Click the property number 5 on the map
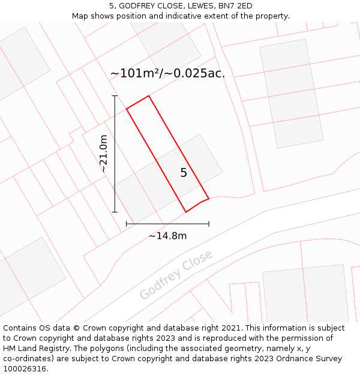pos(184,173)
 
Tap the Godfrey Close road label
pos(176,275)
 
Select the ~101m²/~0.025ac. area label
pos(167,74)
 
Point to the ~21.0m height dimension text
pos(104,154)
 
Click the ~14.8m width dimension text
pos(167,236)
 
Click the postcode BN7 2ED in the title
pos(236,6)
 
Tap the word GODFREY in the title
pos(139,6)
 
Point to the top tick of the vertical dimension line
pos(115,95)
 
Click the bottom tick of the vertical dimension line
pos(115,212)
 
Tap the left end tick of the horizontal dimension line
pos(127,224)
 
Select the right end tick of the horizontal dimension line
pos(209,224)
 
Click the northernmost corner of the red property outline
pos(148,96)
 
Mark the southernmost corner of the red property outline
pos(186,212)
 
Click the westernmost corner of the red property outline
pos(127,109)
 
